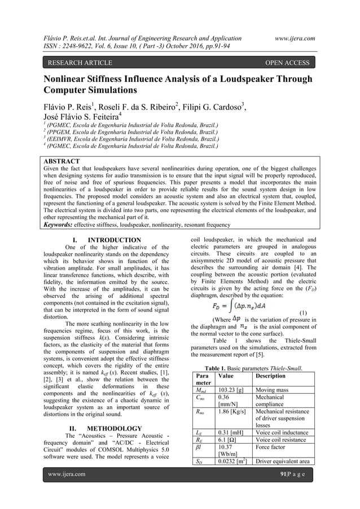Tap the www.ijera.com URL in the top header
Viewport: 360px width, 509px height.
[x=292, y=38]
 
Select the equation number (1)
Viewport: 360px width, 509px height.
[x=302, y=313]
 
